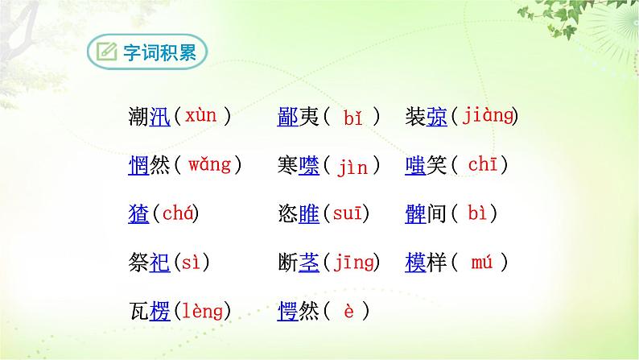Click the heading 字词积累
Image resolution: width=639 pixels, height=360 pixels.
(159, 53)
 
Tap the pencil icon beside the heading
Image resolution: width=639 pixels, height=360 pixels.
(106, 53)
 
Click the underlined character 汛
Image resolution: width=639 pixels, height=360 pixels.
(161, 118)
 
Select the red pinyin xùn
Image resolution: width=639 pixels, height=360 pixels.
(200, 116)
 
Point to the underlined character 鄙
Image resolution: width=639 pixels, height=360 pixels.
(288, 118)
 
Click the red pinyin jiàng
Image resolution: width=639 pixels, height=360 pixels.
(488, 116)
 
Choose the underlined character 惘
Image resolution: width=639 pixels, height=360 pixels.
(138, 166)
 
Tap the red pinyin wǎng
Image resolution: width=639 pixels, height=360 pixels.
(208, 165)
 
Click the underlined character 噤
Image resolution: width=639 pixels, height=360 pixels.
(310, 167)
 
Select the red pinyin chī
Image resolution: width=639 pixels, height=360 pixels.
(482, 165)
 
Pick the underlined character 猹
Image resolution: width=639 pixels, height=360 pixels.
(138, 214)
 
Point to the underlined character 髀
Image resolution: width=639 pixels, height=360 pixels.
(415, 214)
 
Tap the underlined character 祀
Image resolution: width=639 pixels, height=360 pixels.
(161, 263)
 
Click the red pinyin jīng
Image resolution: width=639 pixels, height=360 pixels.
(354, 262)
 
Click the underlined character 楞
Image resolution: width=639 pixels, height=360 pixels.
(161, 312)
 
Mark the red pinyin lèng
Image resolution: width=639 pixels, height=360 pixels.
(201, 311)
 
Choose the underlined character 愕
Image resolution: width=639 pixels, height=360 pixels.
(288, 312)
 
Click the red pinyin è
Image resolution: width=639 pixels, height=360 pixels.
(348, 311)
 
